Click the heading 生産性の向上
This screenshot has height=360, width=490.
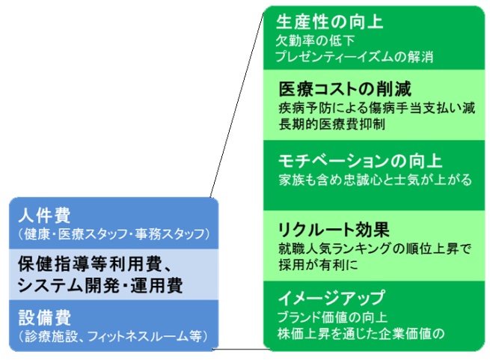[329, 22]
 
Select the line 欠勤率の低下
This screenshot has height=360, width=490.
[315, 40]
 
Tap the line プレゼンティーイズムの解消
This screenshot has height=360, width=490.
[354, 57]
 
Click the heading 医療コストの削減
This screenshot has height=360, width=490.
[345, 89]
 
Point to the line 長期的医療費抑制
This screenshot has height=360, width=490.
[331, 124]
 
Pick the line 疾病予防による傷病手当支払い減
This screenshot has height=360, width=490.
[376, 108]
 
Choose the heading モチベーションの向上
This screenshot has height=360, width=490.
[360, 161]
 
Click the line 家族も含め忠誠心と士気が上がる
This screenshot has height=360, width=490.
[375, 180]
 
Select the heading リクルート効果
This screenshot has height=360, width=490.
[334, 230]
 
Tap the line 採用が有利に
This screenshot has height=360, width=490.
[318, 265]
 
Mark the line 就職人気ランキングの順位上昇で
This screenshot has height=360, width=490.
[375, 248]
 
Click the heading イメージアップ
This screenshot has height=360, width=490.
[331, 297]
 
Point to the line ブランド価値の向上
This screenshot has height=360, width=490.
[332, 317]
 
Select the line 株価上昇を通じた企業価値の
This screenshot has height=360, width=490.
[361, 334]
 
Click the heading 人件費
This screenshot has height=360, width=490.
[44, 216]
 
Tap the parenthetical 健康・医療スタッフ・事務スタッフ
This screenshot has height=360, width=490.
[114, 234]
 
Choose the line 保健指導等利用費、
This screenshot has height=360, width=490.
[95, 264]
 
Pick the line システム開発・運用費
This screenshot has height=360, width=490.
[100, 285]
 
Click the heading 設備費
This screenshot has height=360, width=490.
[44, 317]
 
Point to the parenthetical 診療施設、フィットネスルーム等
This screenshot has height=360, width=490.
[113, 336]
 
